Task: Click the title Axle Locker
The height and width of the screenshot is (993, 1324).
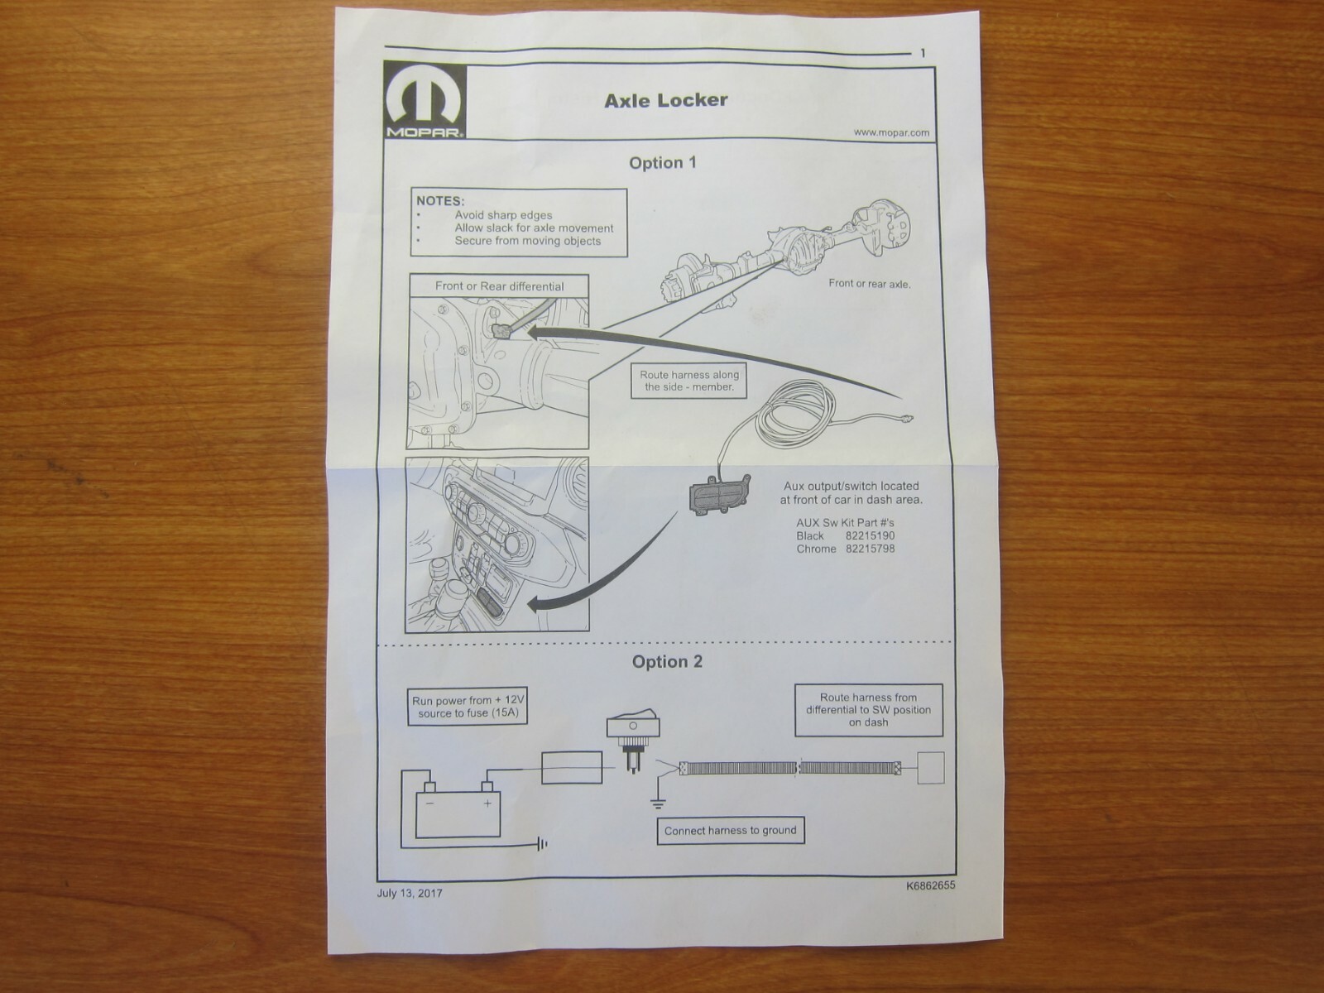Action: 665,100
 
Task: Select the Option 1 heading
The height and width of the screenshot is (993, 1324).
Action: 662,162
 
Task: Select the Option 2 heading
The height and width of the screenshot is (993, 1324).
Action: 667,661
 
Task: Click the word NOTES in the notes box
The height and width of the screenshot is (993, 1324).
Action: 439,200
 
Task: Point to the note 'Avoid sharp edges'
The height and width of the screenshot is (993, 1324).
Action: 503,215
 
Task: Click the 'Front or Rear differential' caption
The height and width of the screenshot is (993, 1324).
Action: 499,286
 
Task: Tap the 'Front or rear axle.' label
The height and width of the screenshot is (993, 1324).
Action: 869,284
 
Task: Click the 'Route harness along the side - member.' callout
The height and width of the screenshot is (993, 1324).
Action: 689,381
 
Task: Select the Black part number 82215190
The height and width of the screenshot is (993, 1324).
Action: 869,535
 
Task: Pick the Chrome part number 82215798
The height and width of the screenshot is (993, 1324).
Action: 869,549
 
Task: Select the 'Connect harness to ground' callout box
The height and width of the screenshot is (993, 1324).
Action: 730,830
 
